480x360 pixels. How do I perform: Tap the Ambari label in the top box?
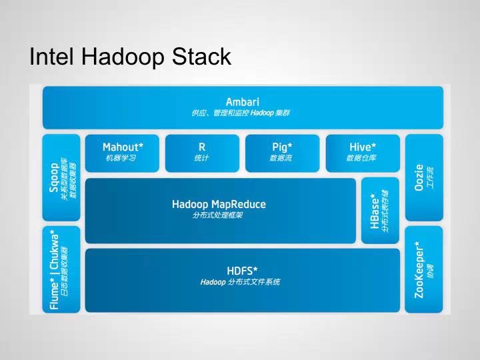coord(242,101)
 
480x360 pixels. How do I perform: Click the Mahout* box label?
coord(123,147)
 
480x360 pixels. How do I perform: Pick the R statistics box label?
coord(202,147)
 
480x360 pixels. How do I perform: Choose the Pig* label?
coord(282,147)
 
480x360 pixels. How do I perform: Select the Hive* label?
coord(363,147)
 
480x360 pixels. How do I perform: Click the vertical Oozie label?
coord(419,177)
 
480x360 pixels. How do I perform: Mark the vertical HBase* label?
coord(375,210)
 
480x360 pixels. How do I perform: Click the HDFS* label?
coord(242,271)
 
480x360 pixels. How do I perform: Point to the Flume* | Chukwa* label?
coord(53,270)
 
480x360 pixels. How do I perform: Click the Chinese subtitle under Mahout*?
coord(121,158)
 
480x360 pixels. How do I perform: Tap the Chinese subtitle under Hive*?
coord(361,158)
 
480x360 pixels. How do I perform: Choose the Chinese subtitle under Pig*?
coord(281,158)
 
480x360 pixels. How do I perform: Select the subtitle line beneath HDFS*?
coord(240,282)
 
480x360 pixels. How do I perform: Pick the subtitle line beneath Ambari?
coord(241,113)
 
